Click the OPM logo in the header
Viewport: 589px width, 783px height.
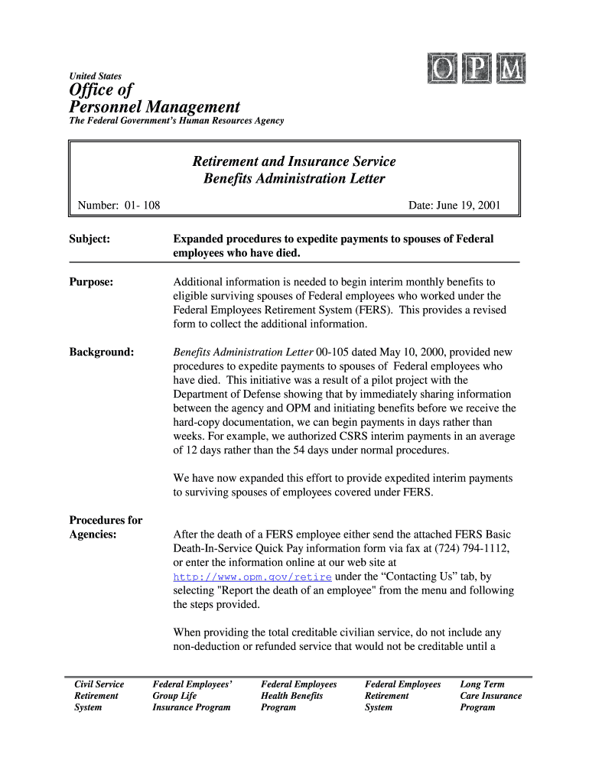477,70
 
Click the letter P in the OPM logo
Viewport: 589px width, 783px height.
477,70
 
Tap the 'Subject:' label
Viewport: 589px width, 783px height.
90,239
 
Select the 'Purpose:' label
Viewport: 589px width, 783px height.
92,282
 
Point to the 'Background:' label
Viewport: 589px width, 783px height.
102,353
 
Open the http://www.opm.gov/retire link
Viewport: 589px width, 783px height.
252,577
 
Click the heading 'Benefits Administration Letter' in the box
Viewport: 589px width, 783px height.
294,180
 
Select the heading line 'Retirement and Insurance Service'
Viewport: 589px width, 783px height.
294,161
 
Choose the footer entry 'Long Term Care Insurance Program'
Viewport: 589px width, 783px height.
490,696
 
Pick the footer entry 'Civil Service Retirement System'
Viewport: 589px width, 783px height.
99,696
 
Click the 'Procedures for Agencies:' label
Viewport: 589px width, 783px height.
106,527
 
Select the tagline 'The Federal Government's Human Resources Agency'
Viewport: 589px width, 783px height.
177,121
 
